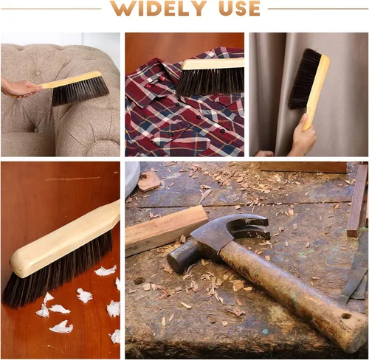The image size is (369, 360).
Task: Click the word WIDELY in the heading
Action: click(x=158, y=8)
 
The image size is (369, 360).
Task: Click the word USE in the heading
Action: click(x=239, y=8)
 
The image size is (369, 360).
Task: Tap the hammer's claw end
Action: click(x=253, y=227)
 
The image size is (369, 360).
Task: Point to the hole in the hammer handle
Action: click(x=346, y=316)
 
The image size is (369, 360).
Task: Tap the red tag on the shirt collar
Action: click(x=162, y=79)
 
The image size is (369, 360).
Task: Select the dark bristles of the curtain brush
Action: click(x=304, y=79)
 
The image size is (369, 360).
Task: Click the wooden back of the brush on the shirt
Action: click(x=213, y=64)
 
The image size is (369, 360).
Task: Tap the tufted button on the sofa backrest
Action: click(x=38, y=73)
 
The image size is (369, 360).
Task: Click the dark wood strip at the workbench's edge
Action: click(x=357, y=201)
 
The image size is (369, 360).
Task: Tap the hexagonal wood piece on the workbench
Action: click(x=149, y=181)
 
